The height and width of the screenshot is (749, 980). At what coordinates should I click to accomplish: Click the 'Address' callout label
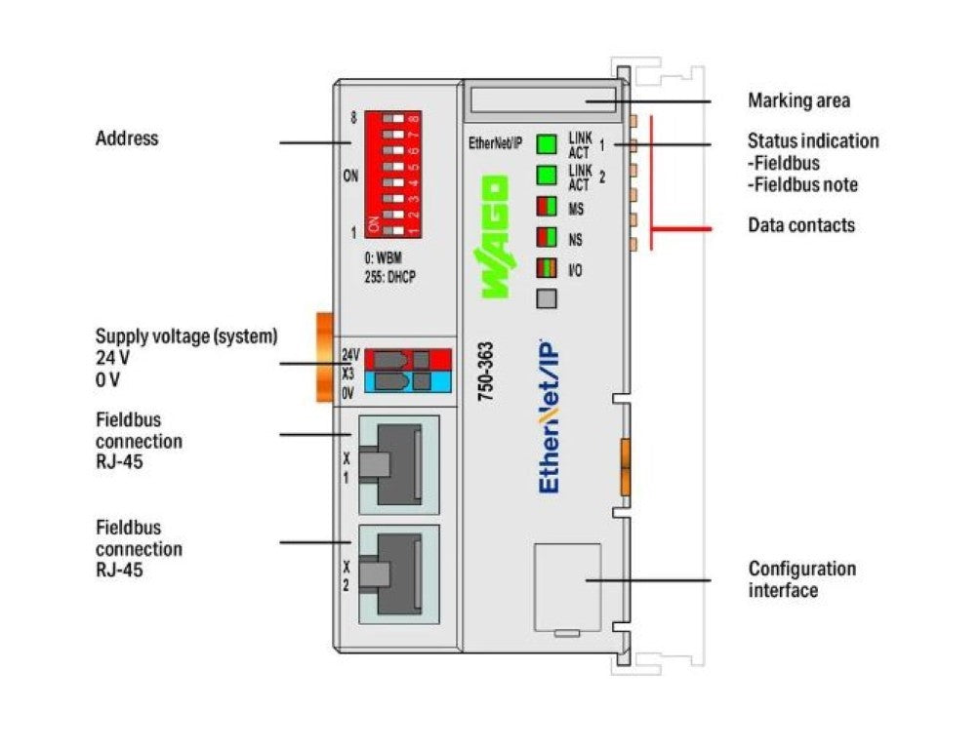[126, 138]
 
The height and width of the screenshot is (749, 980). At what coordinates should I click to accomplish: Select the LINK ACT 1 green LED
[547, 145]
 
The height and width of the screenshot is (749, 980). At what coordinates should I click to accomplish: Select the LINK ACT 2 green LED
[547, 177]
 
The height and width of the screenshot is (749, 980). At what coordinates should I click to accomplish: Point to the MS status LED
[547, 207]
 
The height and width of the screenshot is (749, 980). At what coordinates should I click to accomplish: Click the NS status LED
[547, 237]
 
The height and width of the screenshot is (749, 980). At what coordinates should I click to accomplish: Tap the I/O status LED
[547, 268]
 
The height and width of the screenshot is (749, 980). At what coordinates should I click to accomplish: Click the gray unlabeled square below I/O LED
[547, 299]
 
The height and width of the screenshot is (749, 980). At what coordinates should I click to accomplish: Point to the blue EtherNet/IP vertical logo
[550, 415]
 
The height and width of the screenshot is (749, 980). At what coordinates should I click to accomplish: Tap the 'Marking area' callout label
[797, 100]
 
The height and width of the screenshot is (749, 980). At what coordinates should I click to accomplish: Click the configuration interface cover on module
[567, 588]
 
